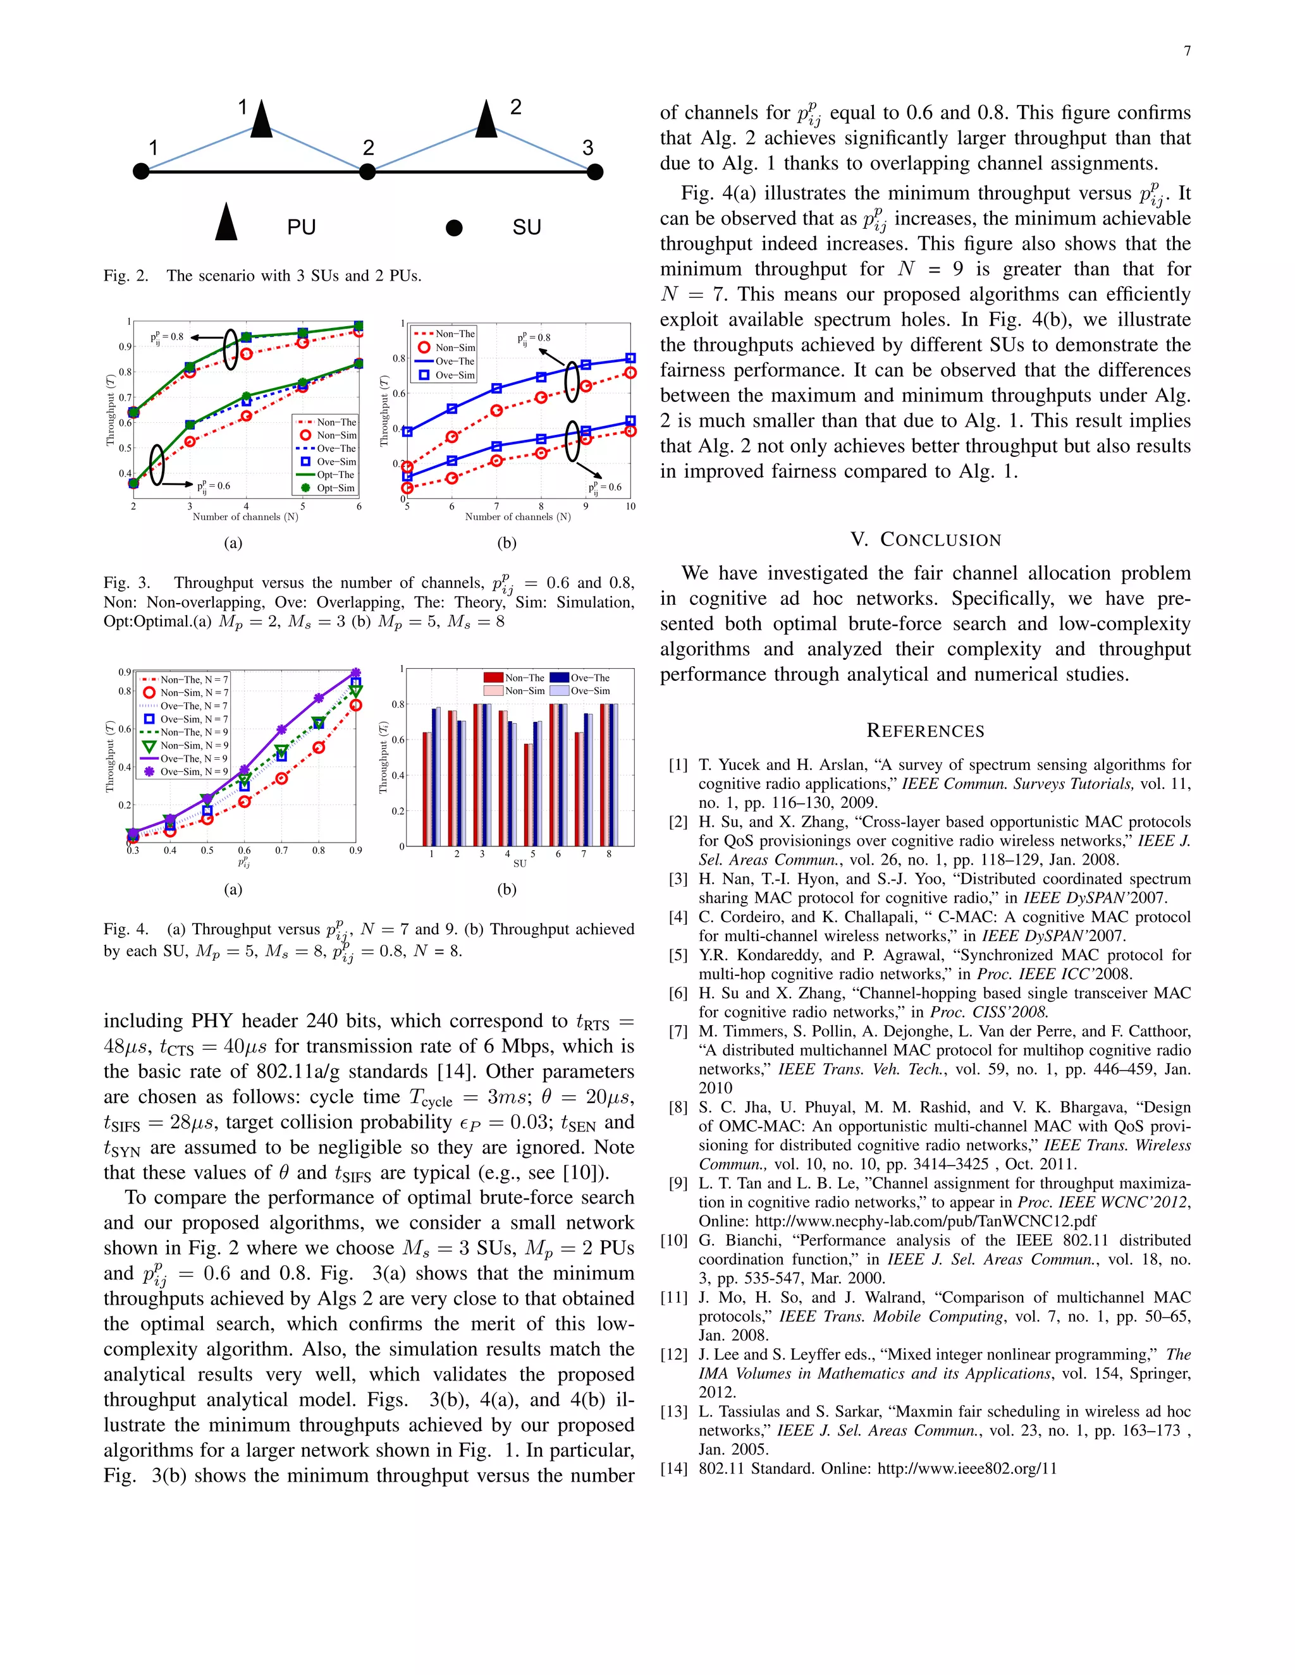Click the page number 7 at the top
point(1187,51)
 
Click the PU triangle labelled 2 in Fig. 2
point(486,120)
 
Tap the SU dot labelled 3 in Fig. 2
point(594,172)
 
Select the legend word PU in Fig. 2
point(302,227)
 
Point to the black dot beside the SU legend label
point(454,228)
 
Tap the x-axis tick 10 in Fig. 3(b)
point(630,506)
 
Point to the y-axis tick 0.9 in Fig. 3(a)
point(125,346)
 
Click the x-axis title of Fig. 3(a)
point(245,517)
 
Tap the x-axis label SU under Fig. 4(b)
point(519,863)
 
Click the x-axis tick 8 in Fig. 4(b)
point(608,853)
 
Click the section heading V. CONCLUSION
point(925,540)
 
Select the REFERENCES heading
point(925,731)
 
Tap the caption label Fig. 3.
point(126,583)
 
